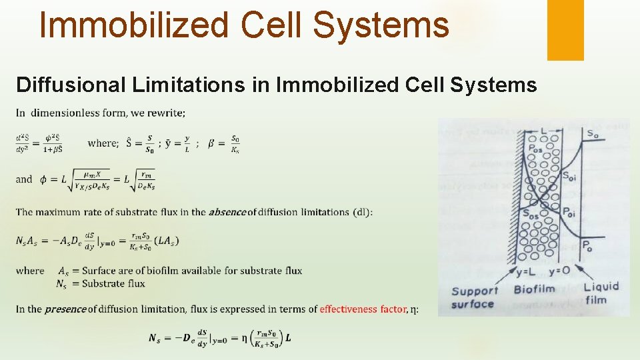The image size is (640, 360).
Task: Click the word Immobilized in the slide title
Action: tap(134, 25)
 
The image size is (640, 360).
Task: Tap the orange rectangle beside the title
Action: tap(565, 30)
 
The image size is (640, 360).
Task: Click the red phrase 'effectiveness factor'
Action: tap(363, 309)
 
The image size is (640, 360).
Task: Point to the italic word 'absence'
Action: tap(227, 212)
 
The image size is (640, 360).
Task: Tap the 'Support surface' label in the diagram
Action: tap(475, 297)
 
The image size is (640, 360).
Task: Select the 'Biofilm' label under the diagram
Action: tap(535, 289)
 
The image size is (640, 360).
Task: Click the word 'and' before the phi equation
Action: tap(24, 179)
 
